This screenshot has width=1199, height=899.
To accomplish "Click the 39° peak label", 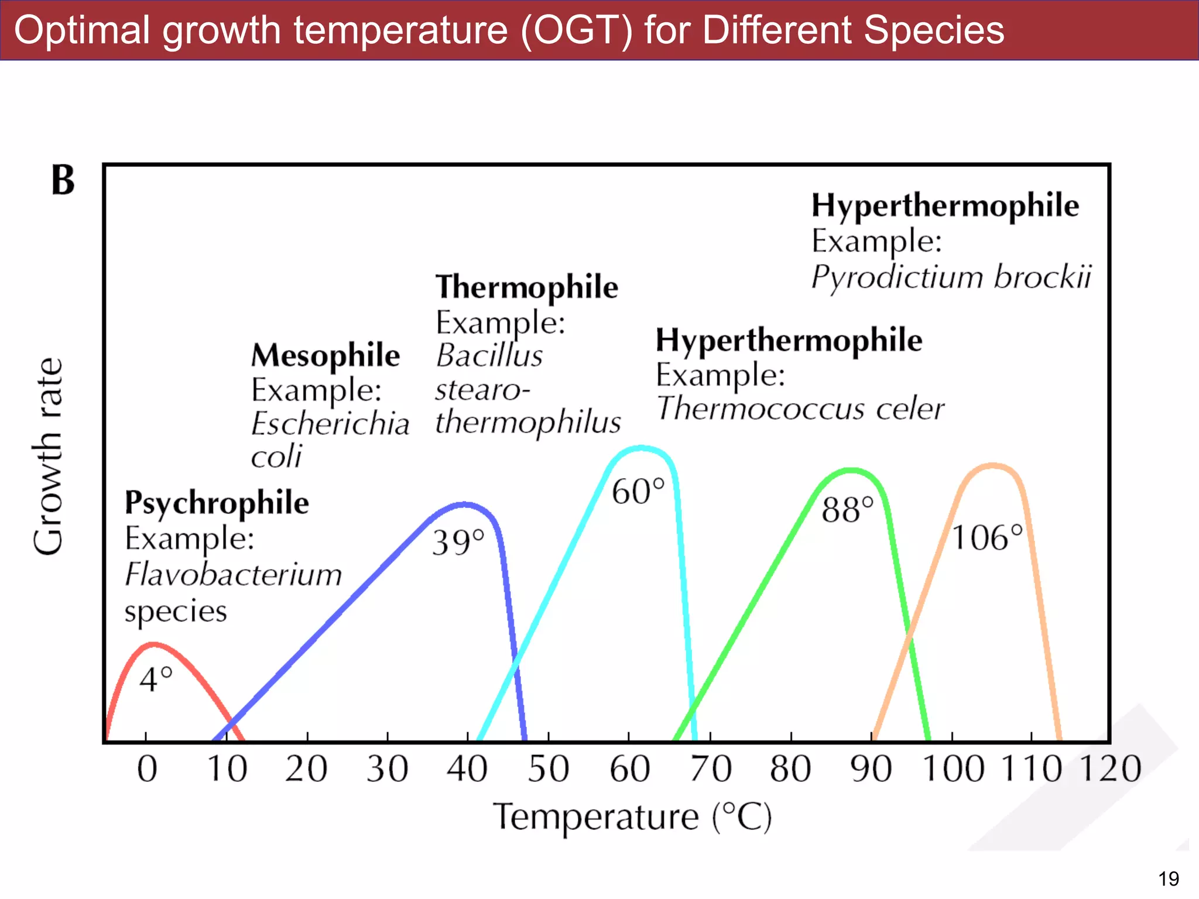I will [x=458, y=542].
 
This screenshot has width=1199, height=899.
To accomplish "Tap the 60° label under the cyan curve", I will [x=638, y=491].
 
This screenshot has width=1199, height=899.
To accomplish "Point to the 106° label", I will [x=987, y=537].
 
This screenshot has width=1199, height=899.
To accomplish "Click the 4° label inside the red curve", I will [x=156, y=680].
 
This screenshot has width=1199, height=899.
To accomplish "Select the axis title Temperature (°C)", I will [x=632, y=817].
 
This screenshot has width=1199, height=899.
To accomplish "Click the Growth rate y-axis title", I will [x=48, y=457].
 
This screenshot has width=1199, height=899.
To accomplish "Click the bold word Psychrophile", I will [x=217, y=503].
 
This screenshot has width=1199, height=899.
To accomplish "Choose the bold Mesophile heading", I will [x=326, y=355].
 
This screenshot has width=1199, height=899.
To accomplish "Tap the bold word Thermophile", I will [x=527, y=287].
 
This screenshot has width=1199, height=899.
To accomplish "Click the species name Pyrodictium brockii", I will [x=951, y=277].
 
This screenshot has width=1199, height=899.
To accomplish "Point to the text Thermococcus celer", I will [x=800, y=408].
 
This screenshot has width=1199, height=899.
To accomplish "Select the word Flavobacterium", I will [x=233, y=574].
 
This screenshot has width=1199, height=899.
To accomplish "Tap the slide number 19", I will [x=1168, y=879].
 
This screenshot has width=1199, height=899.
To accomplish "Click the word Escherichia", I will [x=330, y=423].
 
